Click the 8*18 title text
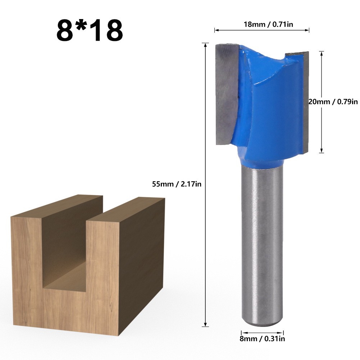coord(90,30)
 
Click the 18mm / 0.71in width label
coord(268,24)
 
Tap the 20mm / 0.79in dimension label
coord(333,101)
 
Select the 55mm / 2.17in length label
coord(177,184)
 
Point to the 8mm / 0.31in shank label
coord(262,338)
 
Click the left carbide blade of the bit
coord(226,94)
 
